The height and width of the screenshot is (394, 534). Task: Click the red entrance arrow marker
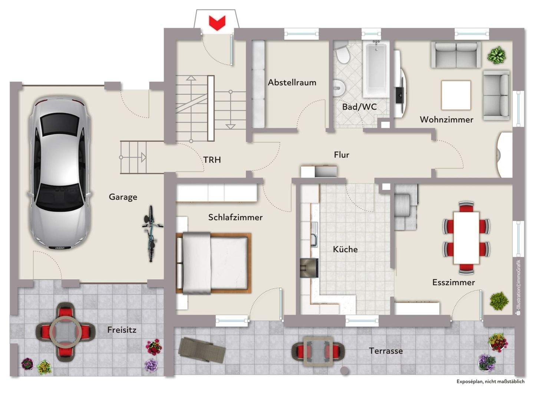(217, 23)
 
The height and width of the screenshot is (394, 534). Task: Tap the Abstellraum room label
(292, 82)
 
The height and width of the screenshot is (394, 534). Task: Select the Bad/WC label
(359, 107)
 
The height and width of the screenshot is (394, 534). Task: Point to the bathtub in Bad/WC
(376, 69)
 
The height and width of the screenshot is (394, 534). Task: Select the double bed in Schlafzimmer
(213, 263)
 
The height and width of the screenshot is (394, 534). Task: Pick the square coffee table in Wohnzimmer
(456, 95)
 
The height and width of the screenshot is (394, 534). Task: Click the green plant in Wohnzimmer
(496, 55)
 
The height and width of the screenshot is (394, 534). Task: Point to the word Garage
(123, 197)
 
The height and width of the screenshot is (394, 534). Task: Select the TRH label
(212, 160)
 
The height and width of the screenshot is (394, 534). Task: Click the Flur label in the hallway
(341, 154)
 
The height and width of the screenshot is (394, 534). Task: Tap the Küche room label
(345, 249)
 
